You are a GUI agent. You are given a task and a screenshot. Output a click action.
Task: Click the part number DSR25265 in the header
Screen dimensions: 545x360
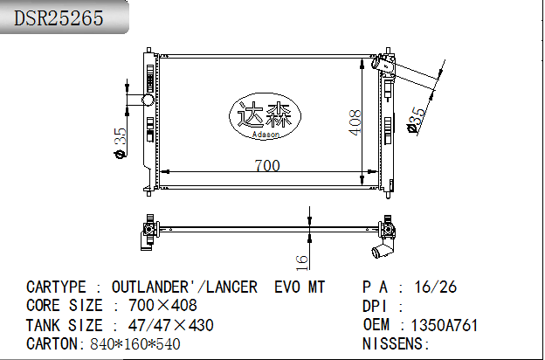[x=59, y=17]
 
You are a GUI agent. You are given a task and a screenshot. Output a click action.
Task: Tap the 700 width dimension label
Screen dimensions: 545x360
[x=267, y=165]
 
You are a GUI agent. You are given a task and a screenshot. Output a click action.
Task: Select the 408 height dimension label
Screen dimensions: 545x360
[x=355, y=122]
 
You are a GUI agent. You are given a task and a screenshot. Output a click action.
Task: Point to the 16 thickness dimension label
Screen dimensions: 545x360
[x=301, y=263]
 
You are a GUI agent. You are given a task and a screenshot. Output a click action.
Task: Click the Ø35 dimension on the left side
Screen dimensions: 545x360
[x=121, y=143]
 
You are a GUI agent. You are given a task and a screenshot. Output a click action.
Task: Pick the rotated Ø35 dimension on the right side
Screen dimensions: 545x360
[x=416, y=120]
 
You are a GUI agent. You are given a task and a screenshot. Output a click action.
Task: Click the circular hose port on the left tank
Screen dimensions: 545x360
[x=148, y=100]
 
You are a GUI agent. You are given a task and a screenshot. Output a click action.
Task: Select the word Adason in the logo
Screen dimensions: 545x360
[x=266, y=135]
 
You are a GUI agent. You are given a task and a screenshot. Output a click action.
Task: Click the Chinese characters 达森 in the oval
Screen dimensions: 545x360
[x=265, y=115]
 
